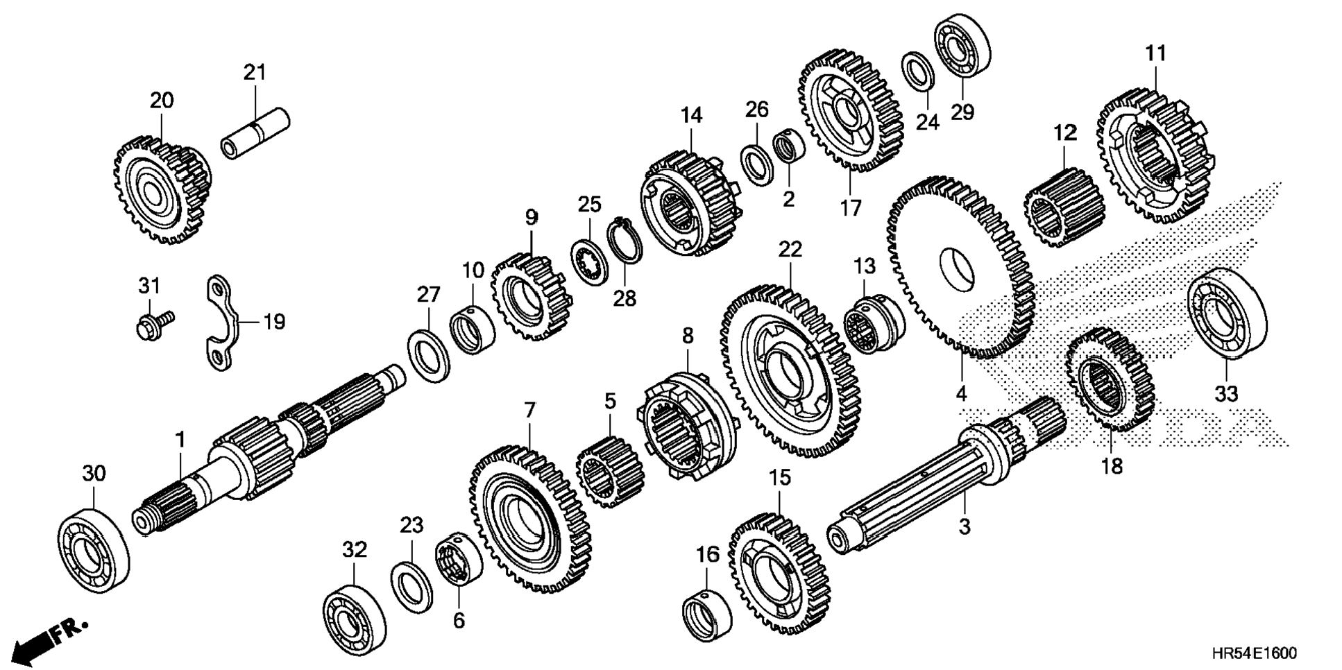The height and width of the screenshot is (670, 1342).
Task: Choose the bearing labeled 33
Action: click(1226, 313)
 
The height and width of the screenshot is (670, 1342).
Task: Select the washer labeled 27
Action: click(428, 357)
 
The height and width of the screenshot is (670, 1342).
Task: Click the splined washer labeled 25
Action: click(589, 260)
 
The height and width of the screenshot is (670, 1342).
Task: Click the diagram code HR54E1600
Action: click(1253, 653)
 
